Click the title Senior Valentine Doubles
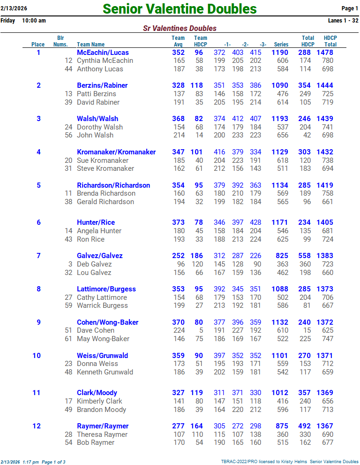coord(180,9)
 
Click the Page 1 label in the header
coord(350,8)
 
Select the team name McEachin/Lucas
coord(103,53)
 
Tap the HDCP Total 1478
coord(325,53)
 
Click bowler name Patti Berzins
coord(97,94)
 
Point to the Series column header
coord(281,45)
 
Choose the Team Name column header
coord(90,45)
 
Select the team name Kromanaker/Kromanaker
coord(116,152)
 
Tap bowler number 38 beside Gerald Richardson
coord(68,202)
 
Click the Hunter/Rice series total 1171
coord(280,222)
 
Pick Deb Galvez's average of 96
coord(180,264)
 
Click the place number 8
coord(38,289)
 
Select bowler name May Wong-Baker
coord(103,339)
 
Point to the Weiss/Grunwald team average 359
coord(178,356)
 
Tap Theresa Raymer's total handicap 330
coord(305,435)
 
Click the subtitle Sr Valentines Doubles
coord(180,29)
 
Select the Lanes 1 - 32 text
coord(343,21)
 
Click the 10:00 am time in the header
coord(34,21)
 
